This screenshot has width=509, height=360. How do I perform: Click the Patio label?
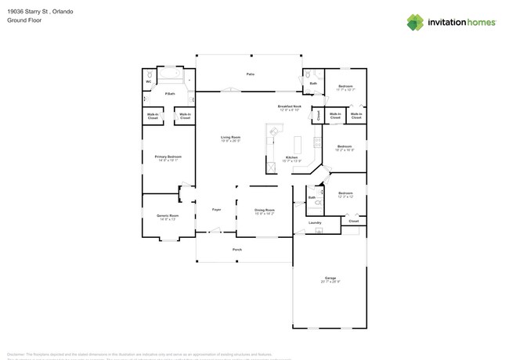(251, 74)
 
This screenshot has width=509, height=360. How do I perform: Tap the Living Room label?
(230, 138)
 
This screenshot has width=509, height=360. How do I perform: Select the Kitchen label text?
(291, 158)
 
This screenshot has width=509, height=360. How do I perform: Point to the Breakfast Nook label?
(289, 106)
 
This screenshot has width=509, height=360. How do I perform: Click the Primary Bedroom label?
(168, 157)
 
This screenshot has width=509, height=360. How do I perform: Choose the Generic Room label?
(168, 216)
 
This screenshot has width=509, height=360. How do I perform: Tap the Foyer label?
(217, 210)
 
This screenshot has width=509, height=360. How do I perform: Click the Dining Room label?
(265, 210)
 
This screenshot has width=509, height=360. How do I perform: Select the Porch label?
(237, 250)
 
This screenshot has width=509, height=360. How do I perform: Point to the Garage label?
(330, 279)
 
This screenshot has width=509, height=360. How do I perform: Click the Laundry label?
(315, 222)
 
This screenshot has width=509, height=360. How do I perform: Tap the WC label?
(148, 81)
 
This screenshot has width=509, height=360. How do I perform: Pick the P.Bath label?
(169, 94)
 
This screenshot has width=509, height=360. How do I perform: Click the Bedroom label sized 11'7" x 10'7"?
(345, 86)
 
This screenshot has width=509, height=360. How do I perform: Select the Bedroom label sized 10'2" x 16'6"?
(345, 146)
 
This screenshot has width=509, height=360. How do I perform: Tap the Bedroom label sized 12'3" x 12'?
(345, 193)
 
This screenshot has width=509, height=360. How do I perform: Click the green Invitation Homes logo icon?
(415, 23)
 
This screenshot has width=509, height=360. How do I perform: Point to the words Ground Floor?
(24, 20)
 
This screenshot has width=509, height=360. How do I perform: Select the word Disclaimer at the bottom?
(17, 355)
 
